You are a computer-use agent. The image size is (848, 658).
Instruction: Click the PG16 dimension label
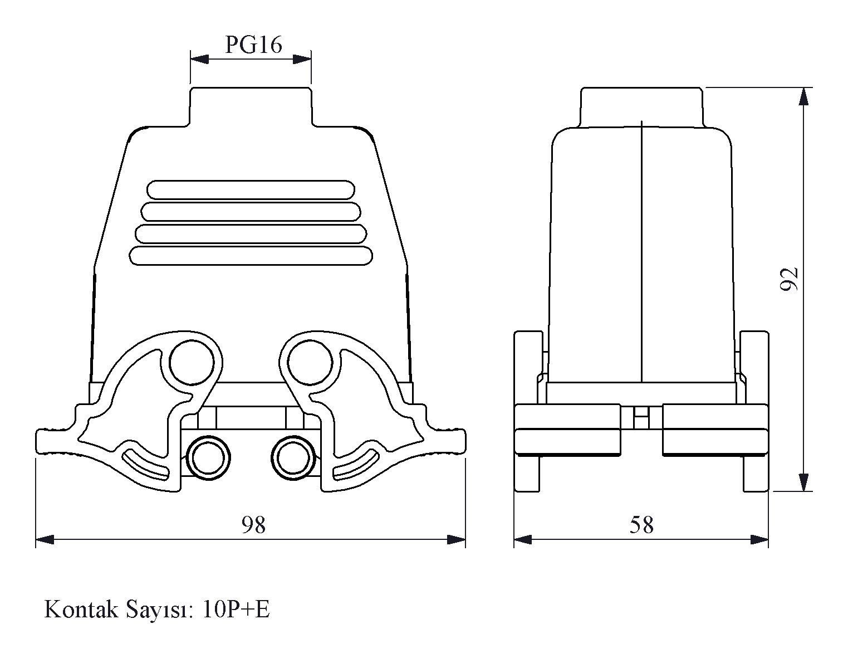coord(253,45)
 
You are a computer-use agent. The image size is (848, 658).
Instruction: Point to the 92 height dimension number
coord(788,279)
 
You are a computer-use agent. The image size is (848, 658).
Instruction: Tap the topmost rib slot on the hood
coord(251,190)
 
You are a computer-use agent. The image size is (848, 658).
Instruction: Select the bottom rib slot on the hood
coord(251,256)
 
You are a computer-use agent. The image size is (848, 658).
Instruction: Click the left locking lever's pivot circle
coord(192,362)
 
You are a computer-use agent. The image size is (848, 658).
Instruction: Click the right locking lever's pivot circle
coord(310,362)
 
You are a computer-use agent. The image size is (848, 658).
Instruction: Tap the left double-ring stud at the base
coord(208,457)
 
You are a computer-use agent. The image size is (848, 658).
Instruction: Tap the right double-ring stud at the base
coord(293,457)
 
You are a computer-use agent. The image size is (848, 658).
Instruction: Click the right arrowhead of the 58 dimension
coord(759,540)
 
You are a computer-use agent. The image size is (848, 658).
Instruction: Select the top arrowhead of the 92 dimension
coord(803,96)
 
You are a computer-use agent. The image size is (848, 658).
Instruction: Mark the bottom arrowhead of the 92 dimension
coord(803,482)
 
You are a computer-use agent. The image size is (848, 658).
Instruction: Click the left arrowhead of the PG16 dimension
coord(199,60)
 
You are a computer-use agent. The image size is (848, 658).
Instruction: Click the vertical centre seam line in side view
coord(641,251)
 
